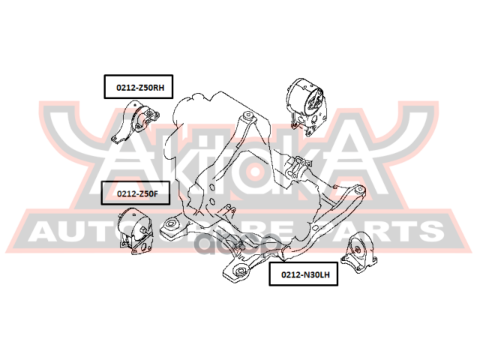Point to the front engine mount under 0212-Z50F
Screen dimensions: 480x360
click(x=134, y=232)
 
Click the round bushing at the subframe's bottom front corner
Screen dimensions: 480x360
click(x=241, y=271)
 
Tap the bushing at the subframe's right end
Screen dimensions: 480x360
click(x=361, y=191)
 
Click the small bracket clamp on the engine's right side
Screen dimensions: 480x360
click(x=301, y=163)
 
